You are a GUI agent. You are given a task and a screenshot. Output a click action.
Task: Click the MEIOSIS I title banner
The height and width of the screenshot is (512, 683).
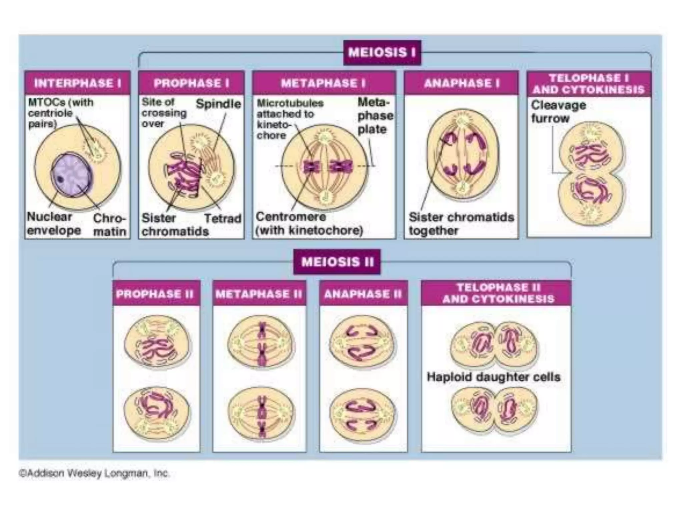click(x=382, y=53)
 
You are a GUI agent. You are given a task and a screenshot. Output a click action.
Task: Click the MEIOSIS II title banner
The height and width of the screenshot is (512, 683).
click(x=337, y=262)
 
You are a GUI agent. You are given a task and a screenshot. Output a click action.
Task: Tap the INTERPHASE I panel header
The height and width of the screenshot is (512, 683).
click(x=77, y=83)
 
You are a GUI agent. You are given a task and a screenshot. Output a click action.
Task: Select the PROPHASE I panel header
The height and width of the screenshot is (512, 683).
click(x=191, y=83)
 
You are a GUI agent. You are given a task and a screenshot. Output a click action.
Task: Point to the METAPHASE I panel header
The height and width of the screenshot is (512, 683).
click(x=323, y=83)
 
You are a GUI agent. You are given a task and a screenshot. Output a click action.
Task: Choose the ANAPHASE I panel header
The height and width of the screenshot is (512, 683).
click(x=461, y=83)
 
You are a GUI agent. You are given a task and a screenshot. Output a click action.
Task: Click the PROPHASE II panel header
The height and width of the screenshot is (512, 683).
click(x=155, y=294)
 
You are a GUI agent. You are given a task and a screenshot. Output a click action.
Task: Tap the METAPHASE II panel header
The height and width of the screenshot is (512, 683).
click(x=259, y=294)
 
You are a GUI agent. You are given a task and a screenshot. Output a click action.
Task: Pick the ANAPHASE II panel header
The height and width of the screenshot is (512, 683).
click(x=363, y=294)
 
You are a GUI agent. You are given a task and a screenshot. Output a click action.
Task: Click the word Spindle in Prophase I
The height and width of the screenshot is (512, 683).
click(x=218, y=104)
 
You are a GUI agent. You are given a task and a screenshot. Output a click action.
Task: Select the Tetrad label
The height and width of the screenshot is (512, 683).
click(x=222, y=219)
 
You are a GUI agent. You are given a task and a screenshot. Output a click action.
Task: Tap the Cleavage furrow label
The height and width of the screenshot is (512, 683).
click(x=558, y=112)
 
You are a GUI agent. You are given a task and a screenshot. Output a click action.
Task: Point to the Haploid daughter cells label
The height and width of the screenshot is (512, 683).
click(x=493, y=377)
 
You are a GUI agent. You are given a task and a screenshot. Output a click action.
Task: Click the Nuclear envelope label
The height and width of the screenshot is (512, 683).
click(x=53, y=224)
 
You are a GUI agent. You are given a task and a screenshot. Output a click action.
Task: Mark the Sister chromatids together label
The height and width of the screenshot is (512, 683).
click(x=461, y=224)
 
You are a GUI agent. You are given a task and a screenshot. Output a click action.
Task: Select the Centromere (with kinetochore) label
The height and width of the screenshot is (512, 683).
click(x=309, y=224)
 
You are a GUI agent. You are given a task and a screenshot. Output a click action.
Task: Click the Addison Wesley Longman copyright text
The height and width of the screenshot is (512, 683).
click(x=94, y=473)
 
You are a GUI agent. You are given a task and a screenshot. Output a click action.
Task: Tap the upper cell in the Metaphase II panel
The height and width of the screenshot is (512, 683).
click(x=261, y=342)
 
